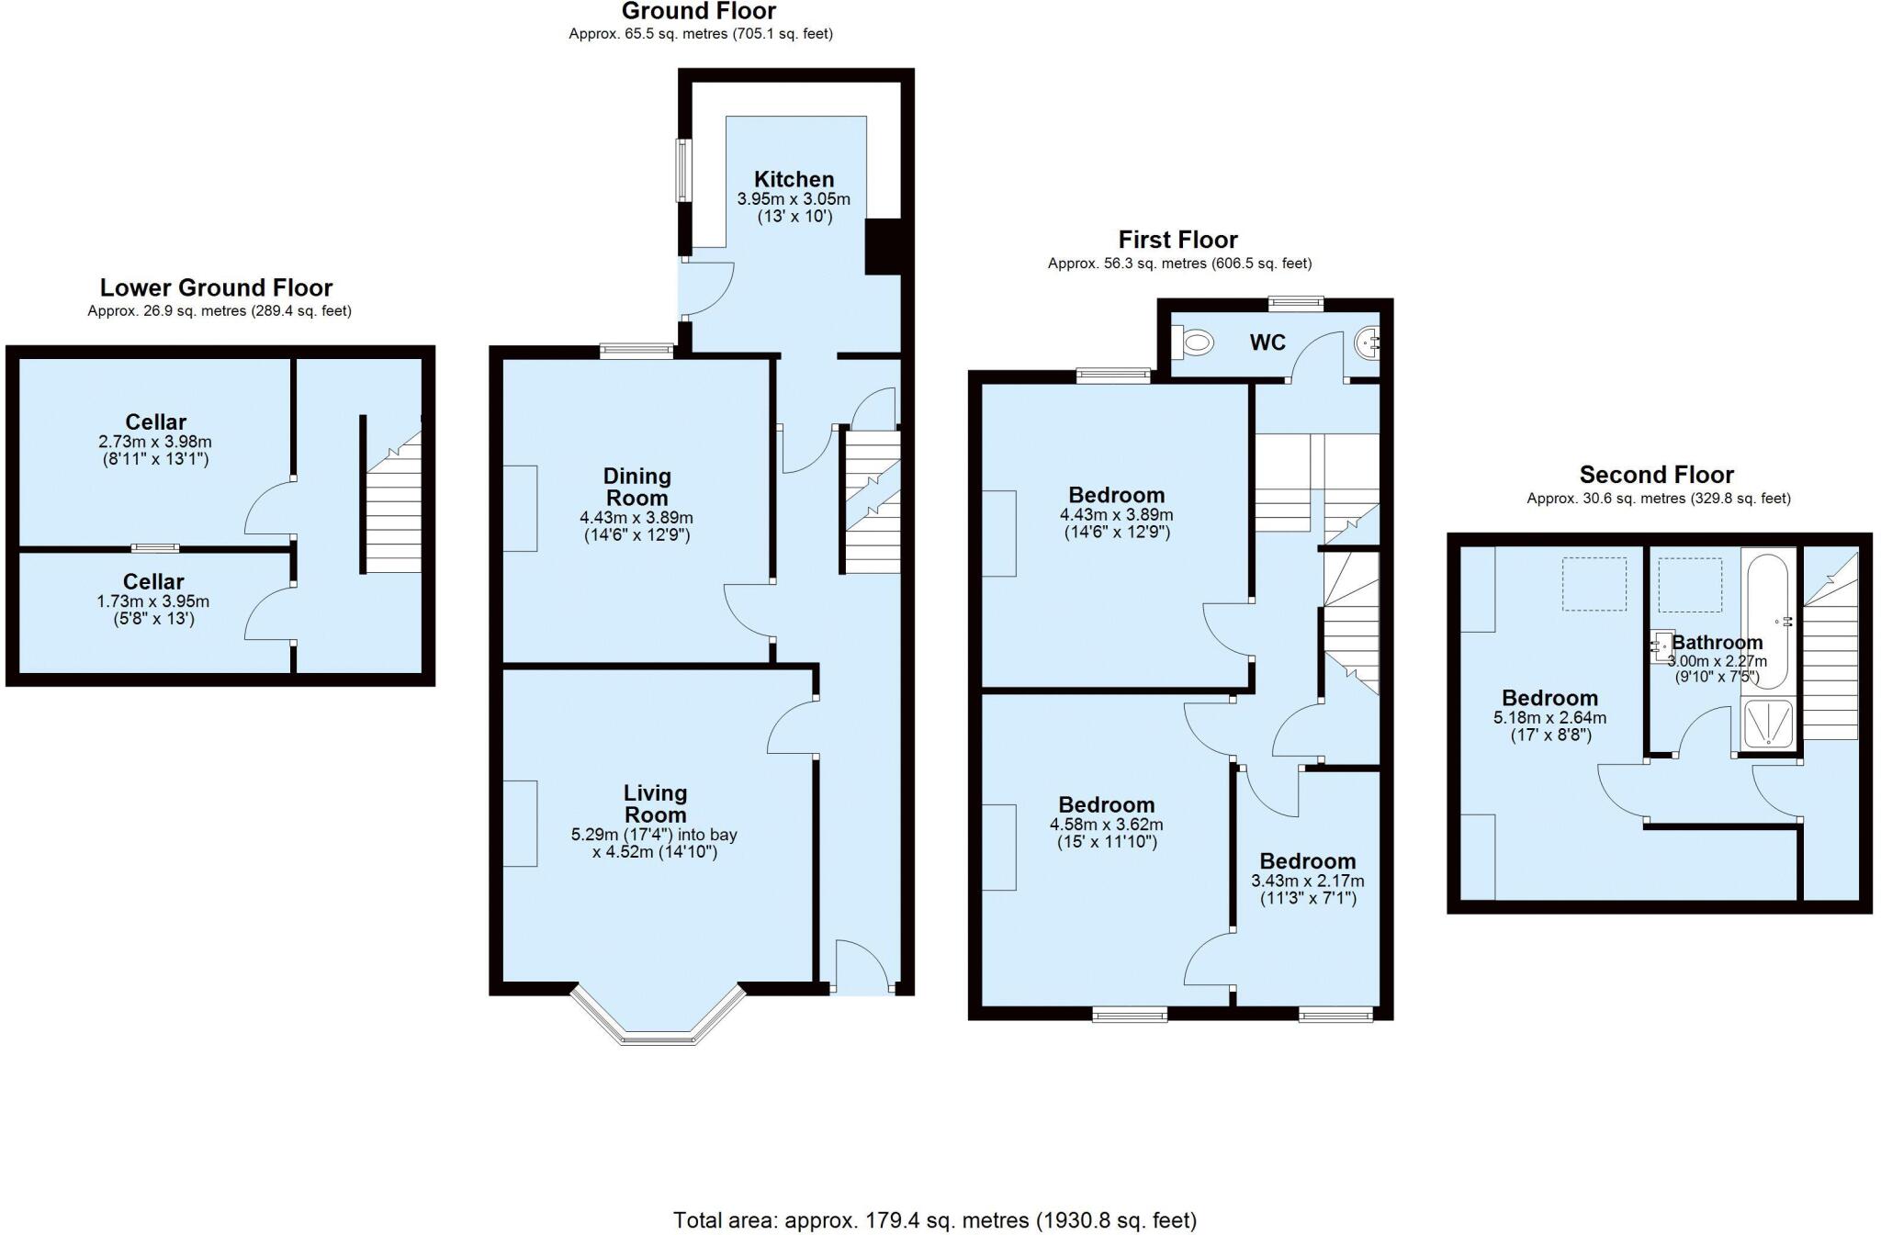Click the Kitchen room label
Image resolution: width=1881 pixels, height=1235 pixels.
click(x=794, y=179)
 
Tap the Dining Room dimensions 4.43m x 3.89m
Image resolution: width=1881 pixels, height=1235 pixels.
click(x=636, y=518)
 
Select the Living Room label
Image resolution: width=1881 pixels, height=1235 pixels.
click(x=655, y=803)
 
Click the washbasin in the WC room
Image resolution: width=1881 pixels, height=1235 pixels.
click(x=1369, y=343)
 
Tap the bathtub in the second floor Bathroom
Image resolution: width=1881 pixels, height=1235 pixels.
click(x=1767, y=618)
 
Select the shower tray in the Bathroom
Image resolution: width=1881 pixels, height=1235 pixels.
click(x=1767, y=725)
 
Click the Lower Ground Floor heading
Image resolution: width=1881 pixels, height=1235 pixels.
click(x=216, y=287)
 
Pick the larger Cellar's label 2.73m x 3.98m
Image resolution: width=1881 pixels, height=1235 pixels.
click(x=155, y=442)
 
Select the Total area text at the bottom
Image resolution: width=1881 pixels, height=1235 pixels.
click(x=934, y=1220)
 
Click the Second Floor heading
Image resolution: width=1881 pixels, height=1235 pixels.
click(x=1656, y=475)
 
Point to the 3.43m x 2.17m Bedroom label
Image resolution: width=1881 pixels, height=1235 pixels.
click(x=1307, y=881)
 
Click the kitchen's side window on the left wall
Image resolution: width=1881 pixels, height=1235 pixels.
click(x=683, y=170)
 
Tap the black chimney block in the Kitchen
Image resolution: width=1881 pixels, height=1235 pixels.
click(x=883, y=246)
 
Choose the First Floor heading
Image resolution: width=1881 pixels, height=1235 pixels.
click(x=1177, y=240)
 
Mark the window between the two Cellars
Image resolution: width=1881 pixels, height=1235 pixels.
click(x=154, y=548)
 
